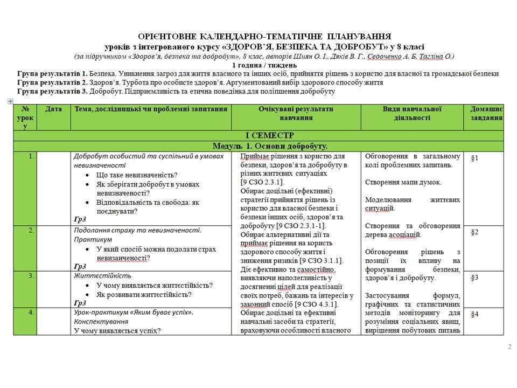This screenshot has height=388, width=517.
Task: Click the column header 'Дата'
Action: tap(53, 109)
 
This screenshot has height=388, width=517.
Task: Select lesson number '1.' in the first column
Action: tap(32, 156)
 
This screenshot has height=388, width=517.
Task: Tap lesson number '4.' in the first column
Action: tap(32, 312)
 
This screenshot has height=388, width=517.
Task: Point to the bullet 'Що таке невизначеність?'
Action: tap(137, 175)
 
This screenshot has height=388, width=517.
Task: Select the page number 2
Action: tap(509, 347)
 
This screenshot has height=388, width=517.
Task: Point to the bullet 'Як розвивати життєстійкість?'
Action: tap(144, 295)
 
